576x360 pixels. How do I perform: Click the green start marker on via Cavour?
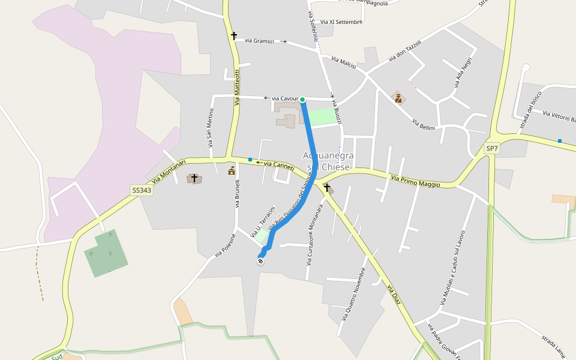(302, 100)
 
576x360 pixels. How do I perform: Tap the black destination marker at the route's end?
(260, 260)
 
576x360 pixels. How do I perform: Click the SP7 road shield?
(492, 148)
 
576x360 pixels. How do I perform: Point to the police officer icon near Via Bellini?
(397, 97)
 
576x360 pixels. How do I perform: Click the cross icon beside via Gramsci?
(234, 36)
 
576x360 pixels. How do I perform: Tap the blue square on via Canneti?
(250, 160)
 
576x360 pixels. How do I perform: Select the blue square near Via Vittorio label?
(560, 140)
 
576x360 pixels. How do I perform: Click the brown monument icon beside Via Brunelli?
(232, 171)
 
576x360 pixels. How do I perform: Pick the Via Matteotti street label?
(237, 88)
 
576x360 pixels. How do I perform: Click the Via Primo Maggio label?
(415, 181)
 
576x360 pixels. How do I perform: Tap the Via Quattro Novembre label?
(353, 293)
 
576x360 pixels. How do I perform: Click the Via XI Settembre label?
(341, 22)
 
